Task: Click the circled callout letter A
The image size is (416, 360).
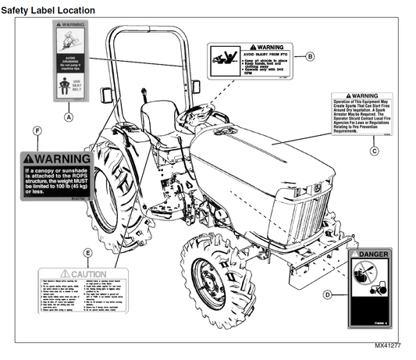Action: (68, 116)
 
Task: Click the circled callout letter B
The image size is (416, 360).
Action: (309, 56)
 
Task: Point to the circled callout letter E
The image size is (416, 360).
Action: (88, 253)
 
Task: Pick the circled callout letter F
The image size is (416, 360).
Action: (37, 129)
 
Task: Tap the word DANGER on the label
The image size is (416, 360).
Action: (376, 255)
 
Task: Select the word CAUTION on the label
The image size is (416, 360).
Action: (87, 275)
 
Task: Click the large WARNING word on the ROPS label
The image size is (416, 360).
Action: (60, 159)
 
